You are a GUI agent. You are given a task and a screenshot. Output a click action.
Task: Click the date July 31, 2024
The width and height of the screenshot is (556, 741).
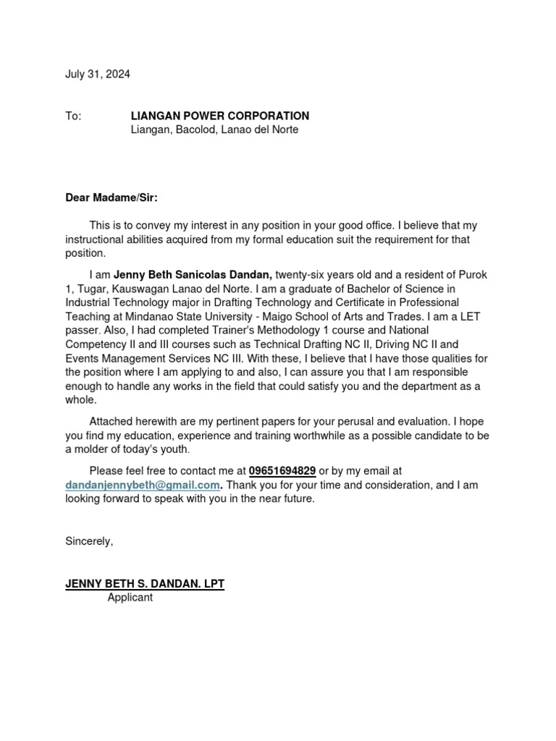click(x=98, y=75)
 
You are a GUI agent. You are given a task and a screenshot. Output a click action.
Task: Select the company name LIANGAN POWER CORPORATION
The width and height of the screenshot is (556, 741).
click(x=219, y=116)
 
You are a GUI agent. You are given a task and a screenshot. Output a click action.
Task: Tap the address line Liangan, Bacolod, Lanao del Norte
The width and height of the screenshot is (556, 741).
click(x=214, y=130)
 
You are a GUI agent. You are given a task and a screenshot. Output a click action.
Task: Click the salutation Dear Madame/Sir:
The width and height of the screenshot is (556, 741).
click(x=111, y=198)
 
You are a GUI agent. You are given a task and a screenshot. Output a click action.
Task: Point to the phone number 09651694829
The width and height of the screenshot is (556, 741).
click(x=282, y=471)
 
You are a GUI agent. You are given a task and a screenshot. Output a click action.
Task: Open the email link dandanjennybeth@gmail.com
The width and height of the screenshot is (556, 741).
click(x=142, y=485)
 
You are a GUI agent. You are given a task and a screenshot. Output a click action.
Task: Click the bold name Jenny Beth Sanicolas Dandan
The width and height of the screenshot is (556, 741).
click(x=193, y=275)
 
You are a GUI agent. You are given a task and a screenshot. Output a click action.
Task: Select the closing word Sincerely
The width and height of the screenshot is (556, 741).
click(x=89, y=541)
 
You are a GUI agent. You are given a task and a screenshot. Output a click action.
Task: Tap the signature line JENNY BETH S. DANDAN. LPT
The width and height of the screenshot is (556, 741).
click(x=145, y=584)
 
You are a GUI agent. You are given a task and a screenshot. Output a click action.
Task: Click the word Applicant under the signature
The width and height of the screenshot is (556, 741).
click(x=130, y=598)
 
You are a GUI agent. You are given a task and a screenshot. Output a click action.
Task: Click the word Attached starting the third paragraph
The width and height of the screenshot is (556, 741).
click(x=112, y=421)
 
